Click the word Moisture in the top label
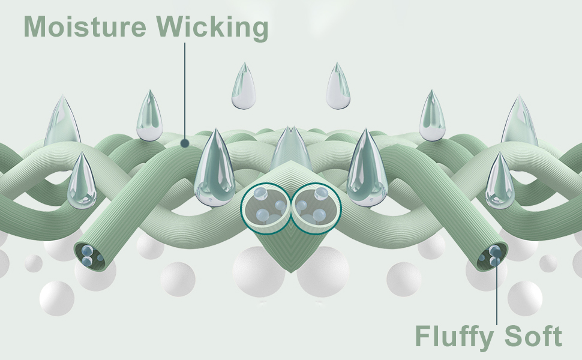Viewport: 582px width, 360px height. tap(83, 27)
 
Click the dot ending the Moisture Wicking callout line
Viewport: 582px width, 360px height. tap(185, 143)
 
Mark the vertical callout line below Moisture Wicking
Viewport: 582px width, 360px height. tap(185, 90)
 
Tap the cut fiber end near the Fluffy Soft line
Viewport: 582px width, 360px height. tap(493, 256)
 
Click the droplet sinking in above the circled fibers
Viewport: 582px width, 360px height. tap(292, 150)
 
